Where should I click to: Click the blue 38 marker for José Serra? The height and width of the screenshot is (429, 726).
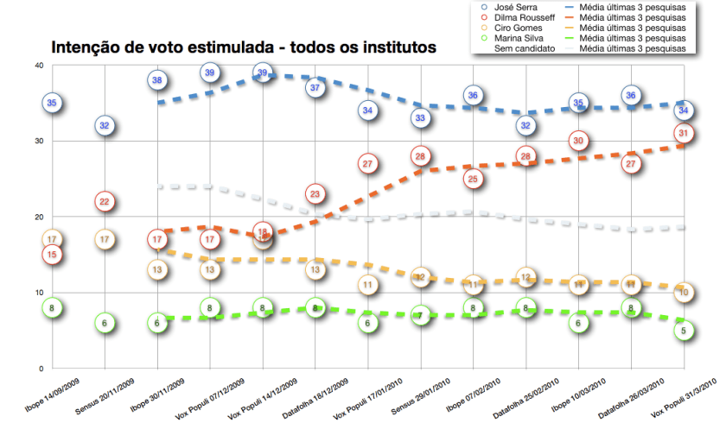pyautogui.click(x=157, y=80)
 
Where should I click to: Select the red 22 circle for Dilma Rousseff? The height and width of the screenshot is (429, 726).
pyautogui.click(x=105, y=202)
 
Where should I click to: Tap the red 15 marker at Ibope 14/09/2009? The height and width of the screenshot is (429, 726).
pyautogui.click(x=52, y=254)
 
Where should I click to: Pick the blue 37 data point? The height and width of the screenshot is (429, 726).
pyautogui.click(x=315, y=88)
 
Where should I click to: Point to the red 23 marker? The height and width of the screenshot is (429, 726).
pyautogui.click(x=315, y=193)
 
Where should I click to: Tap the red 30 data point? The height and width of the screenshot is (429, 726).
pyautogui.click(x=579, y=141)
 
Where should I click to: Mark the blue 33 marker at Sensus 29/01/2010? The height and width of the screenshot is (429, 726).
pyautogui.click(x=421, y=118)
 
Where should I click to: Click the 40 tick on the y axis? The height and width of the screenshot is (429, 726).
pyautogui.click(x=39, y=66)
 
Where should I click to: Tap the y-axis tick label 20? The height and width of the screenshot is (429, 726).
pyautogui.click(x=39, y=217)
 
